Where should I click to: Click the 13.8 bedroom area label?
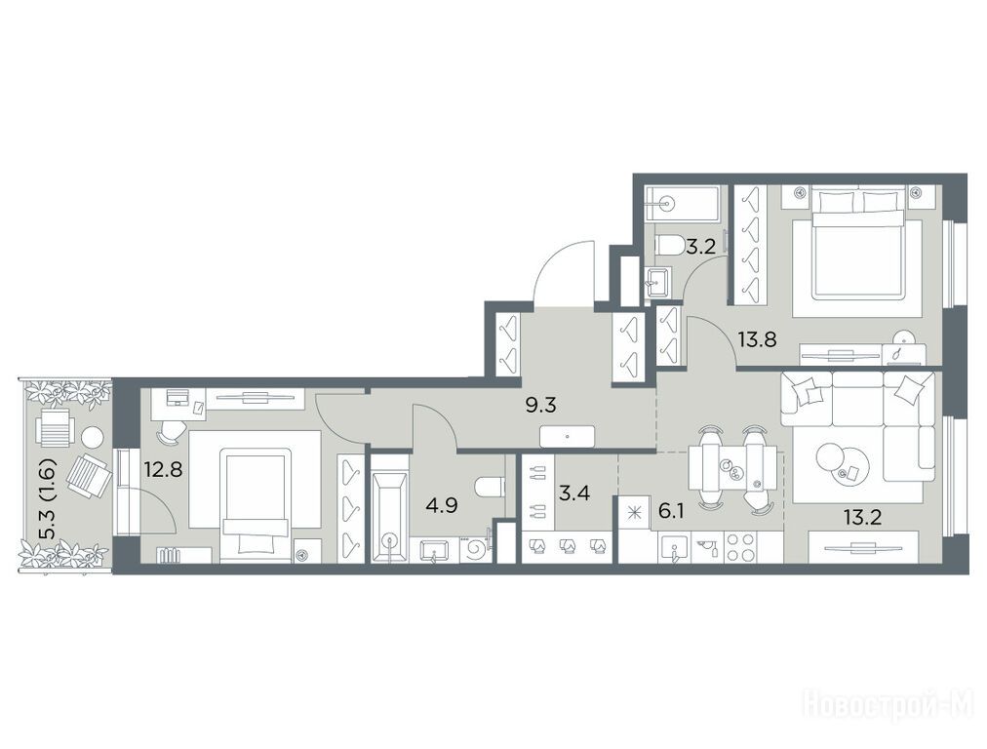[757, 340]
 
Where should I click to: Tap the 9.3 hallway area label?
[540, 405]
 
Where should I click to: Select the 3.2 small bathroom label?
[700, 246]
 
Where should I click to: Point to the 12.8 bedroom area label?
[163, 469]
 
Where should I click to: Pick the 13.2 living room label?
[862, 518]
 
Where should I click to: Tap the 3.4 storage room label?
[574, 493]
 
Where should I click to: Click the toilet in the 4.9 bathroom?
[491, 487]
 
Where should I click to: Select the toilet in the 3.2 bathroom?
[668, 244]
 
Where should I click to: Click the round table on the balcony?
[93, 437]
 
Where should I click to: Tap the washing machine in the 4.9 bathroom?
[475, 549]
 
